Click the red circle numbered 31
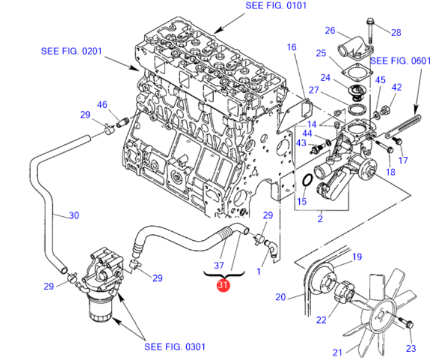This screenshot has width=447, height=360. click(x=223, y=286)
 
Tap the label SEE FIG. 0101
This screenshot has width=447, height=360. click(x=275, y=6)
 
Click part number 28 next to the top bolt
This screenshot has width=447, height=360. click(x=396, y=32)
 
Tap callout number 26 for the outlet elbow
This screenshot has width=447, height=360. click(x=330, y=31)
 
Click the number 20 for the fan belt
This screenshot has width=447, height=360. click(x=281, y=296)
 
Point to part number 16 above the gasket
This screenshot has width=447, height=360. click(x=291, y=47)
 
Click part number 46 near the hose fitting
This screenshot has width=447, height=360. click(x=102, y=104)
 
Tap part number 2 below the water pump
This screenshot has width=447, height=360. click(x=320, y=219)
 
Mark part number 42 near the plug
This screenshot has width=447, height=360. click(x=396, y=87)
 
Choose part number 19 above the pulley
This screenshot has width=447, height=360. click(x=357, y=257)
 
